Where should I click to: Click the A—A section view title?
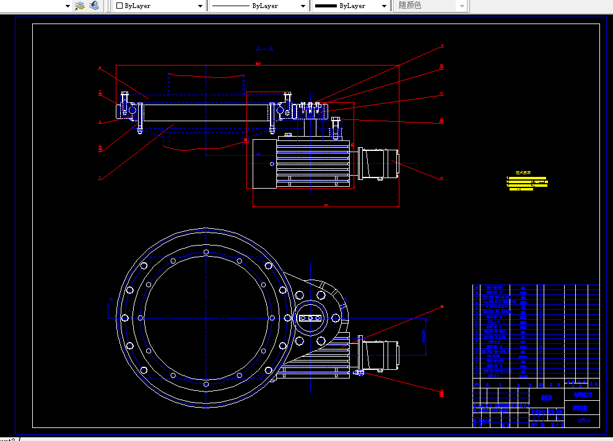(x=264, y=48)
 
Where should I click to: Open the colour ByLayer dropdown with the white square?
(x=159, y=6)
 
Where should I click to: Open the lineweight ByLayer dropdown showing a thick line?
(x=350, y=6)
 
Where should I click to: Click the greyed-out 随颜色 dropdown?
(x=432, y=6)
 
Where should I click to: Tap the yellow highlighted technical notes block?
(x=527, y=182)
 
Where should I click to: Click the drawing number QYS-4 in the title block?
(x=583, y=421)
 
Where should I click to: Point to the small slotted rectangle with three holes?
(x=310, y=318)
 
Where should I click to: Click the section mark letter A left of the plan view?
(x=111, y=301)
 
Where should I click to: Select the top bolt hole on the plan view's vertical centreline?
(x=206, y=252)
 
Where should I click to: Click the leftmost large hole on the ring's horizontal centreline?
(x=125, y=317)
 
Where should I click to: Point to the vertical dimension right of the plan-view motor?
(x=425, y=336)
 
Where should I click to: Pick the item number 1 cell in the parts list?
(x=476, y=375)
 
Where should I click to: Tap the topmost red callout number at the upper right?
(x=442, y=46)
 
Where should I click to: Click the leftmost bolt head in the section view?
(x=124, y=98)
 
